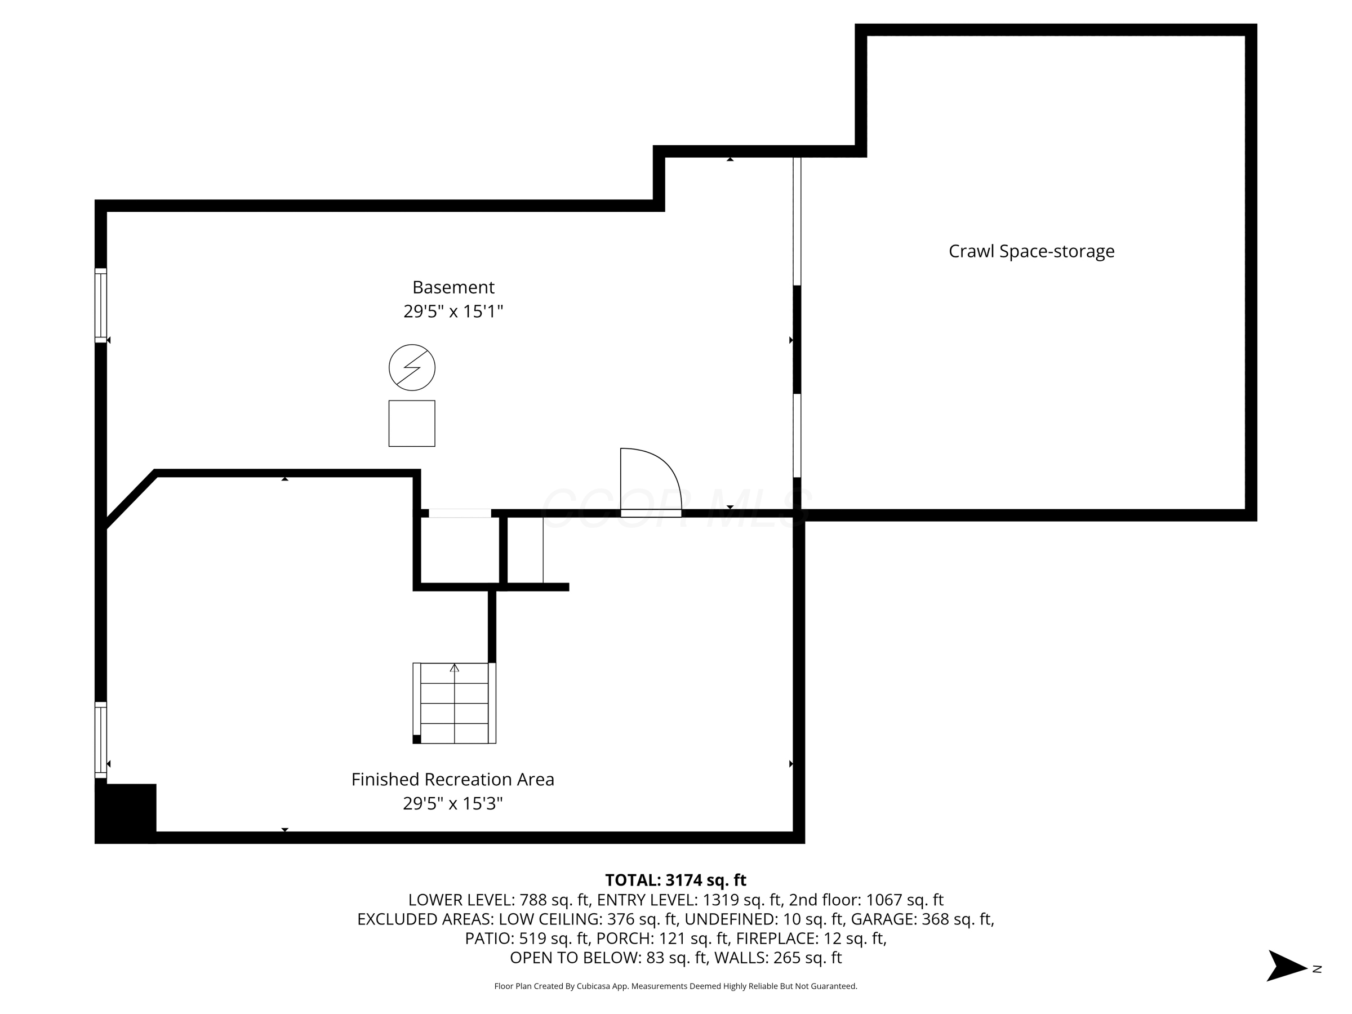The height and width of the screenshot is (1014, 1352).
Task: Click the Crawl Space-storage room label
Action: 1031,251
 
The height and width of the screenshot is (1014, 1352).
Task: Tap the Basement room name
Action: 453,287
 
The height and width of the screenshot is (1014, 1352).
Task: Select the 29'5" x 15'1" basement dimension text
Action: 453,312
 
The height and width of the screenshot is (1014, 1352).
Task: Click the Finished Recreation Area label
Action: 452,779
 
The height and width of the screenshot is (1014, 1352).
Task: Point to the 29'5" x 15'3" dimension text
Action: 452,803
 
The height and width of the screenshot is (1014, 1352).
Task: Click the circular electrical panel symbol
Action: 412,367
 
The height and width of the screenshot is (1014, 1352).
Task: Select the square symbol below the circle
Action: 412,424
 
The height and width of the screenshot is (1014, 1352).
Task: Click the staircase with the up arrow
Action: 454,703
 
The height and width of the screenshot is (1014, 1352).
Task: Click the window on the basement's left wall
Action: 101,305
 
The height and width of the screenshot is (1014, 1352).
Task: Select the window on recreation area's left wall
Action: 101,740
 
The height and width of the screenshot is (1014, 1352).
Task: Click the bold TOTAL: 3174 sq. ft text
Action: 675,880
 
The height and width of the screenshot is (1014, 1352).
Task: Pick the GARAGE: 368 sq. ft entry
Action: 922,919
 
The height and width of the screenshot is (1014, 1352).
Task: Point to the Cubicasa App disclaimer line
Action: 675,986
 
